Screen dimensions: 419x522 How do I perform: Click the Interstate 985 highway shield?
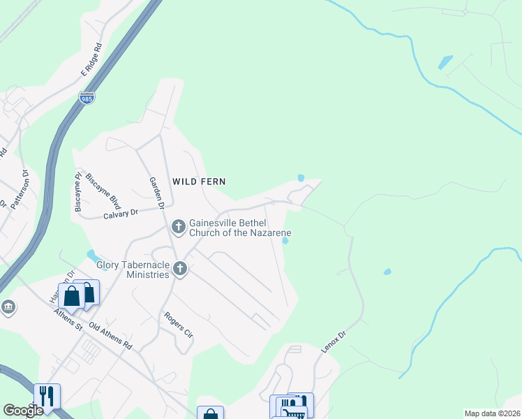coord(87,98)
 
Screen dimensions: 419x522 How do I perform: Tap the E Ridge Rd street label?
coord(91,59)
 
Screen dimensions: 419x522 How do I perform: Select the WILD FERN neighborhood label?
coord(199,181)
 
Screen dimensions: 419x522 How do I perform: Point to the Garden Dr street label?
coord(156,193)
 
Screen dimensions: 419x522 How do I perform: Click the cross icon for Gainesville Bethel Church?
coord(178,226)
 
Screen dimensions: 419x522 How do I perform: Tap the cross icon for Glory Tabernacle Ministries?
coord(180,268)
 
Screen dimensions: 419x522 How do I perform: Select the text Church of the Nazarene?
coord(240,233)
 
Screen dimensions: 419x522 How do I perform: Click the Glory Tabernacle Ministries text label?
coord(134,264)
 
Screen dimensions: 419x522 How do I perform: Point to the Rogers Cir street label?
coord(178,325)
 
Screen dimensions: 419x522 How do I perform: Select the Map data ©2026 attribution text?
coord(492,413)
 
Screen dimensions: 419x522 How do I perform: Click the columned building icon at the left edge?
coord(8,307)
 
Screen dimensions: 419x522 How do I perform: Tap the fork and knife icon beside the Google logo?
coord(47,395)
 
